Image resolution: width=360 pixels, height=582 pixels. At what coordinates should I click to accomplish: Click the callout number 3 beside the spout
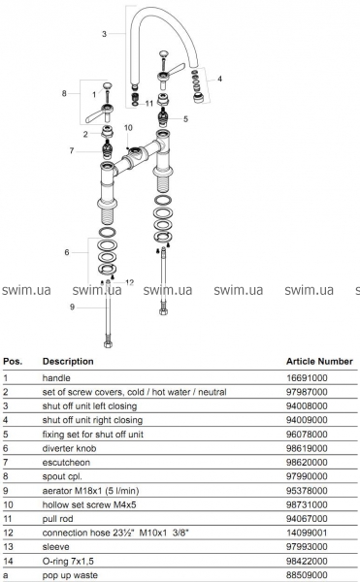click(104, 34)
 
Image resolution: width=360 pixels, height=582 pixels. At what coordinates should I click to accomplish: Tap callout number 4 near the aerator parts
click(219, 79)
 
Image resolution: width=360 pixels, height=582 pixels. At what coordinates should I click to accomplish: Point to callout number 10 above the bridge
click(128, 128)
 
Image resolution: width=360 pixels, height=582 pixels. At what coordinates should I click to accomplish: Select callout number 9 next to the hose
click(73, 307)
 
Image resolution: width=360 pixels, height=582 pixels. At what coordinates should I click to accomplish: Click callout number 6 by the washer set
click(67, 252)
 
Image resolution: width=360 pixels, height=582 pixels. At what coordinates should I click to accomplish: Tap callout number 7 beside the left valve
click(72, 150)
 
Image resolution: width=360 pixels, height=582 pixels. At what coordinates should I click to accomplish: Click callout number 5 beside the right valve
click(185, 118)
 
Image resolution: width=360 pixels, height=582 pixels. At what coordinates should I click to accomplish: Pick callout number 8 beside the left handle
click(64, 93)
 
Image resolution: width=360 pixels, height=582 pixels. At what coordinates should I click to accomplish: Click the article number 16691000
click(307, 378)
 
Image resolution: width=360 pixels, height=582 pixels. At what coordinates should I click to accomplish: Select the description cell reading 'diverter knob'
click(69, 448)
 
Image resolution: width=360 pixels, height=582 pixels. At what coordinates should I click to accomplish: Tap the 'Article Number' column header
click(319, 361)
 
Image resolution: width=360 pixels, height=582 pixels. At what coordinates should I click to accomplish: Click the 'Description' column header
click(68, 361)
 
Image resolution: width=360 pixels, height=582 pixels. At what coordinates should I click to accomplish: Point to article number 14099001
click(307, 533)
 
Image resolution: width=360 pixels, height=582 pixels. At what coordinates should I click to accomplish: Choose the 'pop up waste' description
click(70, 575)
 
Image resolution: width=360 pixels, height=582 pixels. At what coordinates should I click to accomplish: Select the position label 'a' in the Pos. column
click(6, 575)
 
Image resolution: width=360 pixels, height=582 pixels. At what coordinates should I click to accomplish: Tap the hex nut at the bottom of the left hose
click(108, 343)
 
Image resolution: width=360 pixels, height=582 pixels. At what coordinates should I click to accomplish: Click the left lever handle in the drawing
click(99, 113)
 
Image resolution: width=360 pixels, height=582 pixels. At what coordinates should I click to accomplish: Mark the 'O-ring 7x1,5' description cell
click(68, 562)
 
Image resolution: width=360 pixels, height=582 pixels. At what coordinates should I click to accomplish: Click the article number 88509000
click(307, 575)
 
